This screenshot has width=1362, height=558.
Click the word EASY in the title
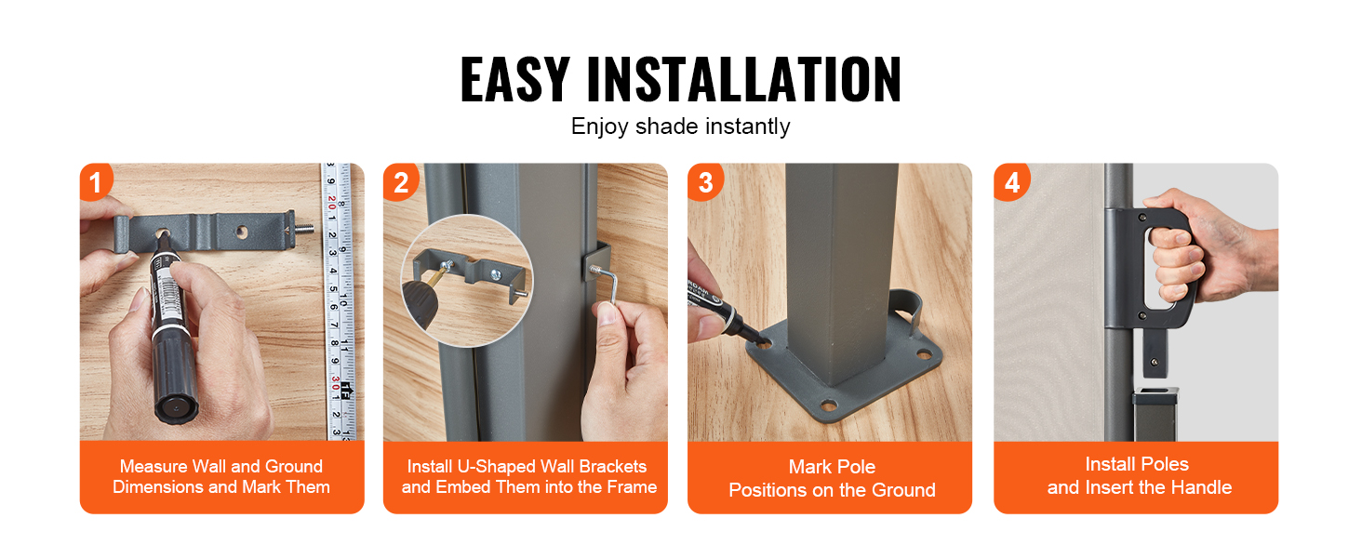515,79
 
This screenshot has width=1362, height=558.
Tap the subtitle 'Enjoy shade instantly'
680,126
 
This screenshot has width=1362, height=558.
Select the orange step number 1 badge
96,181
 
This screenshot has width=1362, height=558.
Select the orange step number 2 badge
400,181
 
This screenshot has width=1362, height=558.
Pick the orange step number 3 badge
704,181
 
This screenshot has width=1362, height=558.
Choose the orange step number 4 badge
1011,181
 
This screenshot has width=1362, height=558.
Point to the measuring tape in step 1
339,301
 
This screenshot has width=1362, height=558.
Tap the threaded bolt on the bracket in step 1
304,229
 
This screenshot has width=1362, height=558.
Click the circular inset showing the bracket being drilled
467,280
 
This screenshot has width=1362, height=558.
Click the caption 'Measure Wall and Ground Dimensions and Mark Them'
221,476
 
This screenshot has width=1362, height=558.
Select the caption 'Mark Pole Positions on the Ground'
832,478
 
